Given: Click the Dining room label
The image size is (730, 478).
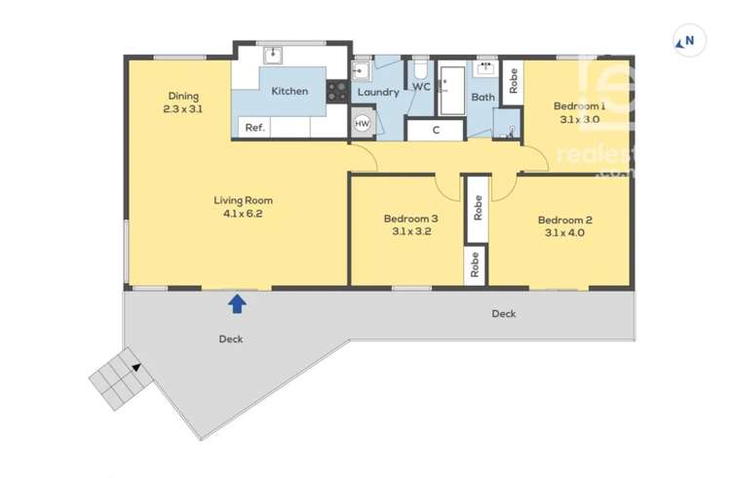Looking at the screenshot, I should tap(183, 97).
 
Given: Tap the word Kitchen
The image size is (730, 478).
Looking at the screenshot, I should tap(289, 91).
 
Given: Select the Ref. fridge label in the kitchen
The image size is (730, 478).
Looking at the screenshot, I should tap(254, 127).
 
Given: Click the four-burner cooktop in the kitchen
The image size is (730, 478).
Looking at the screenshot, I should tap(338, 91).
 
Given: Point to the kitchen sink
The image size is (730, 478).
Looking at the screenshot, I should tap(274, 54).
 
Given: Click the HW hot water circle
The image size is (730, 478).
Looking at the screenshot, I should tap(363, 124).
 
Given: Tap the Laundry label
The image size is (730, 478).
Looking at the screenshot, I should tap(378, 93).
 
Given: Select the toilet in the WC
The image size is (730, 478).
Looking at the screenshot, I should tap(420, 70).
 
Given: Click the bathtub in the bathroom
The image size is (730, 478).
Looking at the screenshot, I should tap(452, 89).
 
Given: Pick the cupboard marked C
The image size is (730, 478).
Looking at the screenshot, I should tap(436, 129).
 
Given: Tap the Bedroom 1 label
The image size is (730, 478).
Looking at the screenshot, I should tap(579, 106).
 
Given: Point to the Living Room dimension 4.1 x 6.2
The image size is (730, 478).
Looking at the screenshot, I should tap(239, 213).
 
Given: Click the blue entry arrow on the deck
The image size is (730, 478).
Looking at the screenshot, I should tap(237, 304).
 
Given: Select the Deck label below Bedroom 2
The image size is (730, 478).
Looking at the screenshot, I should tap(503, 313).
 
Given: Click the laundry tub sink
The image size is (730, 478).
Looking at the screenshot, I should tap(361, 70).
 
